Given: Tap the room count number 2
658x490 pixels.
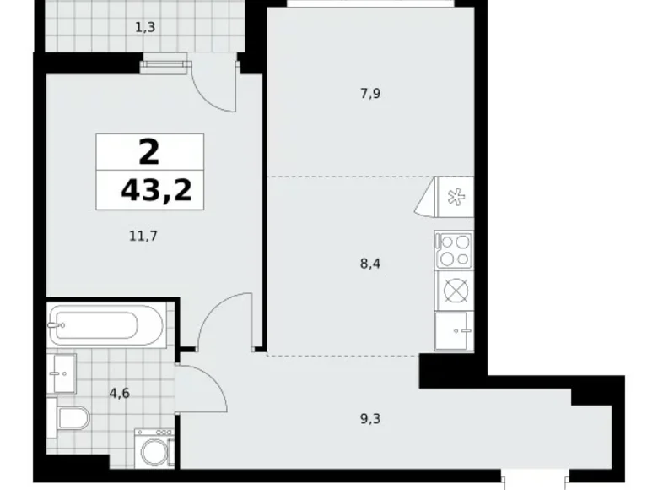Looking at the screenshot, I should coord(148,153).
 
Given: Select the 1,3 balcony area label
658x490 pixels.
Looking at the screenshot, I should coord(144,27).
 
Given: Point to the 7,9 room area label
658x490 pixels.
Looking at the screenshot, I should coord(370,94).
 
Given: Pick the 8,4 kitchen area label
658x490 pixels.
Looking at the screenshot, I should coord(370,263).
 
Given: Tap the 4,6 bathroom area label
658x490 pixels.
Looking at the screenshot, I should coord(117,392).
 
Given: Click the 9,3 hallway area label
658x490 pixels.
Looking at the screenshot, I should coord(369,416).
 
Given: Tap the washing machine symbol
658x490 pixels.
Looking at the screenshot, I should coord(154,450).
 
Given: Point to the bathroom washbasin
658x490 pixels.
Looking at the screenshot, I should coord(62,373).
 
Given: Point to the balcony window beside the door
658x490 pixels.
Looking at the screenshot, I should coord(164,59).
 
